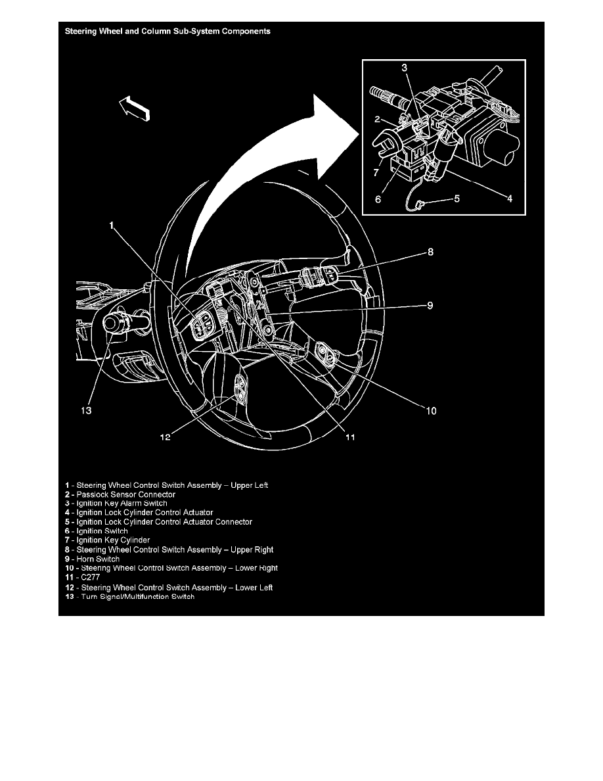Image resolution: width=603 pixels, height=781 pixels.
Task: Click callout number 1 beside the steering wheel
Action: coord(112,225)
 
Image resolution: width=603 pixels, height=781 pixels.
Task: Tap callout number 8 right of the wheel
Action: coord(430,251)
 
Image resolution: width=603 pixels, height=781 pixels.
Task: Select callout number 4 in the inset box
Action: coord(510,197)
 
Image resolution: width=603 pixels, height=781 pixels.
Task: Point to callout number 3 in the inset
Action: coord(405,68)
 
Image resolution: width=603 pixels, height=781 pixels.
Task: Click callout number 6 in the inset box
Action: coord(379,197)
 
